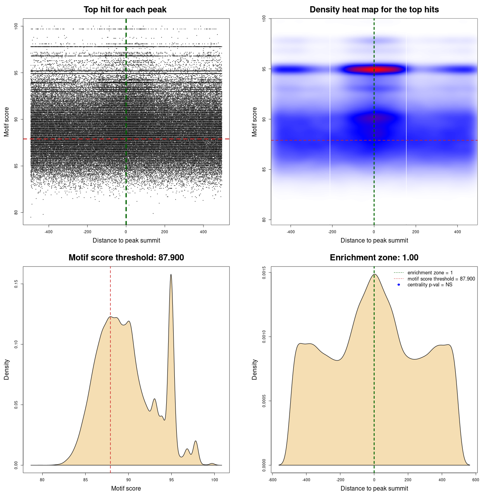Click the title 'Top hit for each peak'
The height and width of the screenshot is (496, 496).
pos(125,10)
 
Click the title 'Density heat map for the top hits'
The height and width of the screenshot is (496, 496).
pos(374,10)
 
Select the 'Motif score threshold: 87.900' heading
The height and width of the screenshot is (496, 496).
pos(126,258)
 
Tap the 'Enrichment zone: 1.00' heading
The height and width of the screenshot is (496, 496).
pos(374,258)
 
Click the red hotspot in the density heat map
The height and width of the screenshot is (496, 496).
pos(374,70)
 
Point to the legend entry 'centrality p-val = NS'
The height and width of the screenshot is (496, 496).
pos(430,285)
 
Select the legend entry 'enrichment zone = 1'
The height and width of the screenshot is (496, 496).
pos(430,273)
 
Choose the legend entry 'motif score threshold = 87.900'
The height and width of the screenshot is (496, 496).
pos(441,279)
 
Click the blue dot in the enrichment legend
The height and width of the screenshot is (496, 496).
pos(399,285)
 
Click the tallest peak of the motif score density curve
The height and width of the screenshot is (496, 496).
pos(171,275)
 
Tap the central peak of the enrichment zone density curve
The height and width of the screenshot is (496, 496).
pos(374,274)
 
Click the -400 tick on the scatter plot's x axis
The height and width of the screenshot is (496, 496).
pos(48,232)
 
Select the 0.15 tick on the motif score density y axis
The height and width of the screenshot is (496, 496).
pos(16,284)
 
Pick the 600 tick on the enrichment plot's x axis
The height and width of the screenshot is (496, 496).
pos(476,480)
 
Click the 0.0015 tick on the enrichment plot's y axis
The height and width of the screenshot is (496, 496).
pos(264,272)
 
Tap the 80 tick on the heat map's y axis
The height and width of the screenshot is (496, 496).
pos(264,220)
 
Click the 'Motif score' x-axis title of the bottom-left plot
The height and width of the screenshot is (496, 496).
pos(126,488)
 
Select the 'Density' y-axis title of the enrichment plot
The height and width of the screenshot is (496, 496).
pos(255,369)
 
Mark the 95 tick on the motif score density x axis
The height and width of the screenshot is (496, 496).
pos(171,480)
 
